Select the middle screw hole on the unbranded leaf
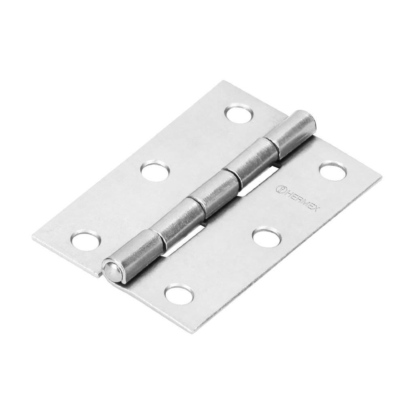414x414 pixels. [155, 171]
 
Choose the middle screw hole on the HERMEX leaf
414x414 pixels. [265, 236]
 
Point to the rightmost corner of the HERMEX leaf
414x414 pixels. [381, 177]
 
